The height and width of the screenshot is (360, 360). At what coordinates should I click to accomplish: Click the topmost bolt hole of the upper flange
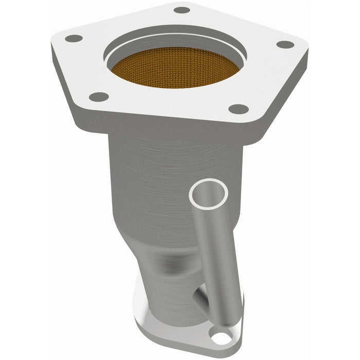click(182, 10)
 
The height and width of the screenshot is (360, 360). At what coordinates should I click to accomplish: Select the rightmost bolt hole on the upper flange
click(285, 44)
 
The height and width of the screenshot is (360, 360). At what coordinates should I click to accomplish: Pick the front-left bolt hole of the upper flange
click(99, 96)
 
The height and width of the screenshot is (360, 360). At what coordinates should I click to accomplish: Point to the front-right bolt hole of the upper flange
click(238, 109)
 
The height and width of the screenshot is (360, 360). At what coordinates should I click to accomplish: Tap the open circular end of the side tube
click(208, 193)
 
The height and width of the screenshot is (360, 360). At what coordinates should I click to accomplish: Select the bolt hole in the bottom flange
click(221, 338)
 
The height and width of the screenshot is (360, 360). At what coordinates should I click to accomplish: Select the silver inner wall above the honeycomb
click(175, 44)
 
